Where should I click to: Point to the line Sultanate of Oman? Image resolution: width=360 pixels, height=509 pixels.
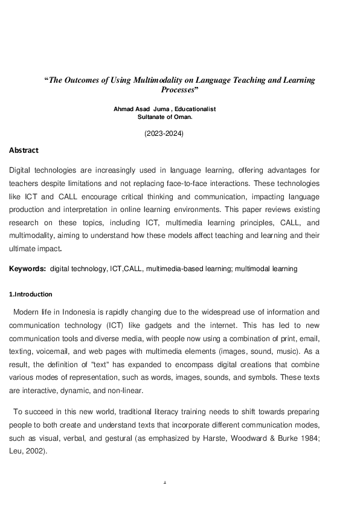tap(164, 117)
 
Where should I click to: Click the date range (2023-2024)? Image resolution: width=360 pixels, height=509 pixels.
tap(164, 133)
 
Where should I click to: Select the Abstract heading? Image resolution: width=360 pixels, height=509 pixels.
tap(24, 150)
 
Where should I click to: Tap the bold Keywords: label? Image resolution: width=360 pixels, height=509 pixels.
tap(28, 269)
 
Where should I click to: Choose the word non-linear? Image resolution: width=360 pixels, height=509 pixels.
tap(126, 390)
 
